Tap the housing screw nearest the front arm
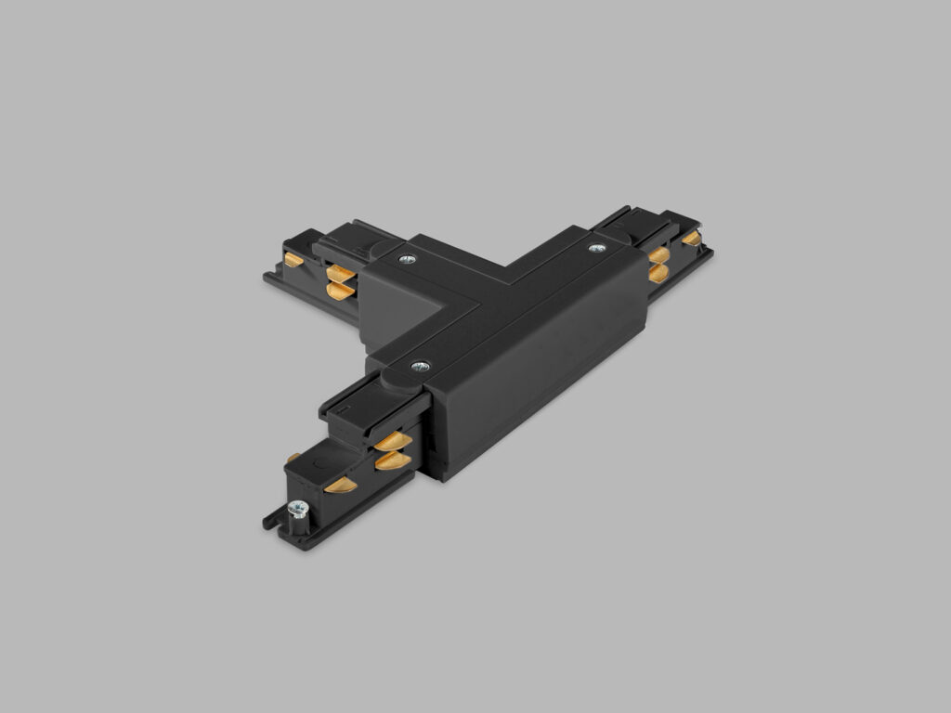[420, 367]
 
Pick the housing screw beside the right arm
[596, 248]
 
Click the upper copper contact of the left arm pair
[341, 274]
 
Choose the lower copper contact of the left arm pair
[341, 292]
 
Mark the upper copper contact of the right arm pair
[659, 254]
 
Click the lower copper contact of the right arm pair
[658, 272]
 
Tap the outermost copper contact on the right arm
[692, 239]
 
